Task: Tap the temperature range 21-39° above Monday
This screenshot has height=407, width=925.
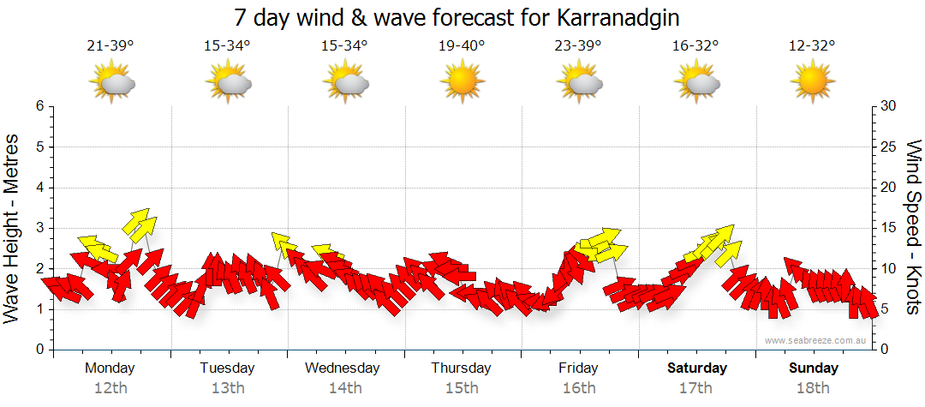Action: click(110, 46)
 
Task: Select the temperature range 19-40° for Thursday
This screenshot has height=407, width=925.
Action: click(462, 46)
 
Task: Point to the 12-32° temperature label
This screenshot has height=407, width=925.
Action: click(813, 46)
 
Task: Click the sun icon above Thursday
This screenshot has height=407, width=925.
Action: click(462, 81)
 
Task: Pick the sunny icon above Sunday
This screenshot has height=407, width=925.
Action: click(813, 81)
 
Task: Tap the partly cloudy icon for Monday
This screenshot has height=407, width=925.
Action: click(111, 82)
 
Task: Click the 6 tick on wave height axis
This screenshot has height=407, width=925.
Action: click(39, 106)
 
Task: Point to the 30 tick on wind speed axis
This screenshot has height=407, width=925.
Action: click(889, 106)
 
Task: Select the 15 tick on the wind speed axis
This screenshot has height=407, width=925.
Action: click(888, 228)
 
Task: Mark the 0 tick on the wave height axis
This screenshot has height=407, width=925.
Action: click(39, 350)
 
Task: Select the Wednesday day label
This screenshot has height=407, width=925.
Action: click(343, 368)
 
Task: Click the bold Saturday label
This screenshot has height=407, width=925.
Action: click(697, 368)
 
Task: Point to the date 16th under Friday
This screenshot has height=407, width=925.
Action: click(579, 388)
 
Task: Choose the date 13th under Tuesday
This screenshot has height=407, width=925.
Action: click(228, 388)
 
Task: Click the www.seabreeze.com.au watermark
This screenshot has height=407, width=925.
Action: click(815, 340)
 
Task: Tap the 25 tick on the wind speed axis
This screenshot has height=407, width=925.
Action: click(888, 147)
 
